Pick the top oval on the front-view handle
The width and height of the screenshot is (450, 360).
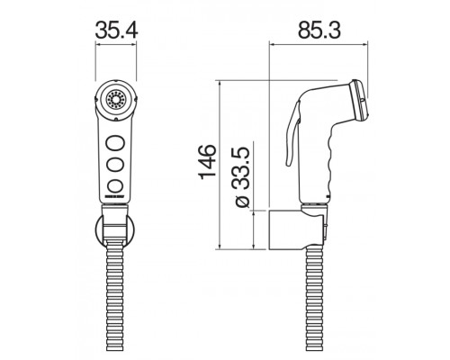pos(115,141)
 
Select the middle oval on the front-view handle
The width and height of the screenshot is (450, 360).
pos(115,164)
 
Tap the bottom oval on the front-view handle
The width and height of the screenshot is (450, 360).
pos(115,185)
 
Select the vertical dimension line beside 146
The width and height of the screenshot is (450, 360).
pos(220,162)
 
